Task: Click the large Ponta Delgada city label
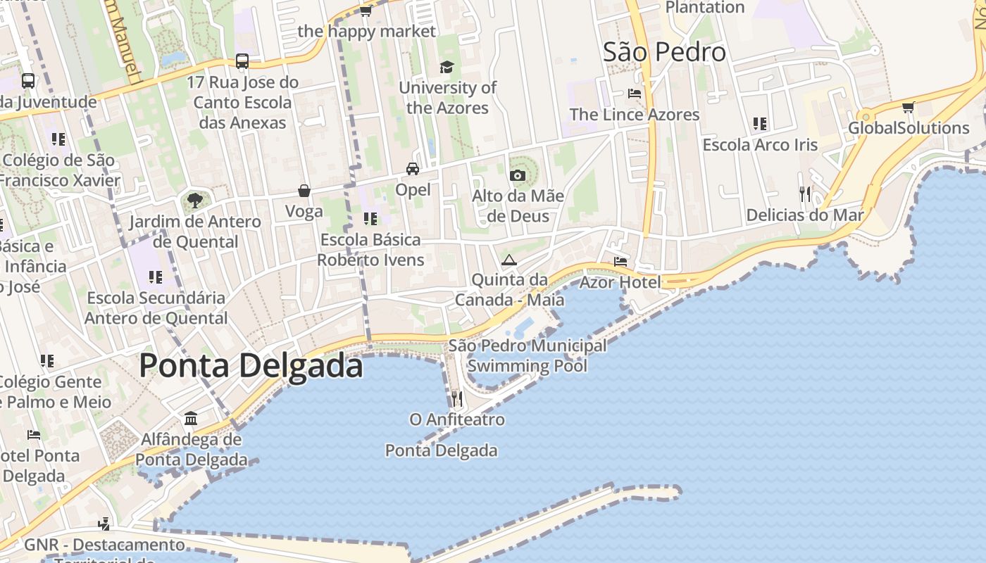251,366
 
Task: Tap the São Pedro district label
664,52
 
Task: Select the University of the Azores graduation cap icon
447,67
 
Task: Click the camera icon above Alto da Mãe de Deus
518,175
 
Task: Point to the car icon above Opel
413,169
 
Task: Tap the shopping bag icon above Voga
304,191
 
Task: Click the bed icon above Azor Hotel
620,262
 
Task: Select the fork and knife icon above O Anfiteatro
457,399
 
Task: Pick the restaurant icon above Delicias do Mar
805,194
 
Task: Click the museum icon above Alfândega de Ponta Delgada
191,419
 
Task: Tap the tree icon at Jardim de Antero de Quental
195,201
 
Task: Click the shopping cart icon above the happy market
366,11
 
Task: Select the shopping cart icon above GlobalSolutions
908,108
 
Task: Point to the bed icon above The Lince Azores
635,94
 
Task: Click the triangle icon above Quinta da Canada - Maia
508,260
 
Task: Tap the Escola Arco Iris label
760,145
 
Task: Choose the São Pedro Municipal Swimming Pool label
527,355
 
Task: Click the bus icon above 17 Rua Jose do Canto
242,61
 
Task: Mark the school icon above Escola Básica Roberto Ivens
370,219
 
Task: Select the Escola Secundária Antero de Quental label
156,308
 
